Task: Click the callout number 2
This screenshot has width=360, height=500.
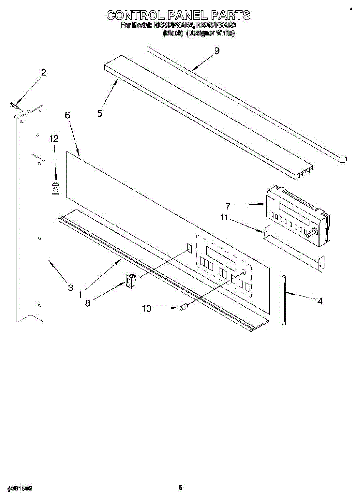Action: [44, 72]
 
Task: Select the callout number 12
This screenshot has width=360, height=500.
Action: [54, 139]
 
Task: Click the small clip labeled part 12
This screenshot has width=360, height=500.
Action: [55, 189]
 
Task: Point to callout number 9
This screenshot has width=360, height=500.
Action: [216, 51]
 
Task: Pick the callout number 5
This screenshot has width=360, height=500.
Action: [100, 112]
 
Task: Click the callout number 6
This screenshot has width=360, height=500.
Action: [67, 116]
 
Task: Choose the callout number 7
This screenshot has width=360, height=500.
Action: [228, 206]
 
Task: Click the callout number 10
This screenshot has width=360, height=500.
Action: [147, 308]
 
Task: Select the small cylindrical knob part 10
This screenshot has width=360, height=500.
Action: [184, 307]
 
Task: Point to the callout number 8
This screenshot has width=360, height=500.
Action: [87, 303]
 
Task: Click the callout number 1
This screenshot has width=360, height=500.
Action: [80, 294]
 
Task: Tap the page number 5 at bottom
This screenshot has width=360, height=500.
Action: [180, 487]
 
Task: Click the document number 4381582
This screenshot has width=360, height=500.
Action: [20, 487]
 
